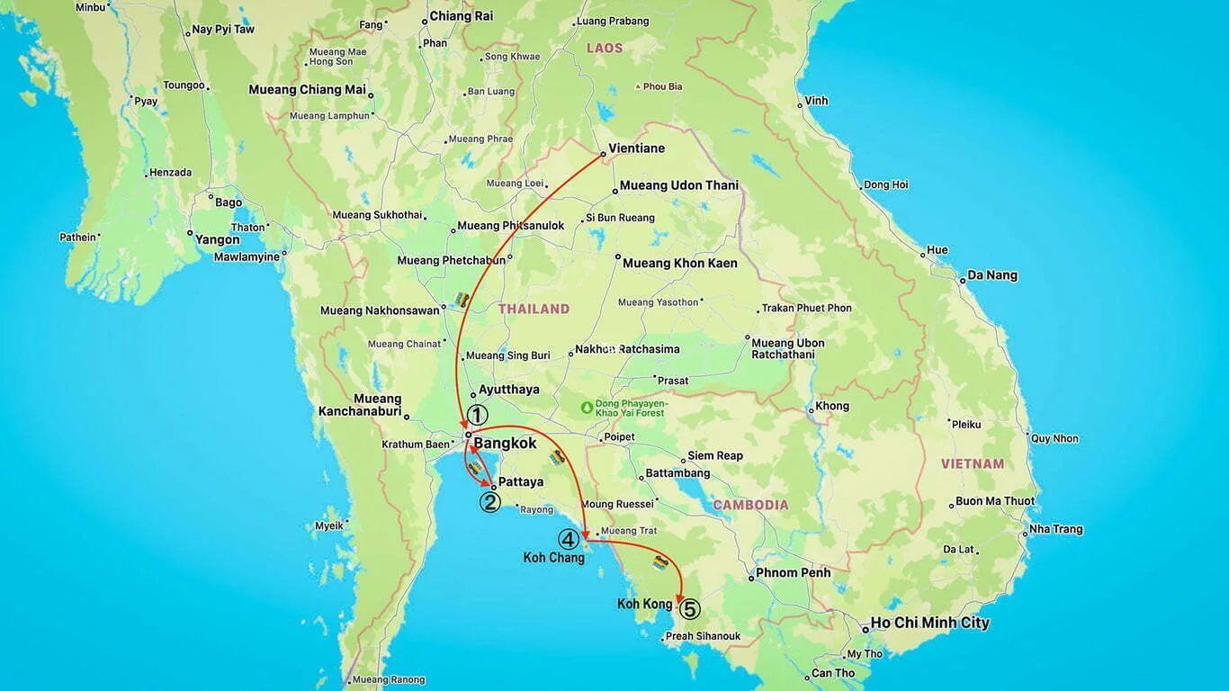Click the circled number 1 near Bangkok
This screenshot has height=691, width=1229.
point(477,415)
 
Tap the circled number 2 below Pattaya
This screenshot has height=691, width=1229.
point(489,502)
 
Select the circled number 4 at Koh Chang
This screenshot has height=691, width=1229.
point(569,539)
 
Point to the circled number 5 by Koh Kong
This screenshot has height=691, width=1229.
point(689,609)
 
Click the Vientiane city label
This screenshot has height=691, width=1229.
point(636,148)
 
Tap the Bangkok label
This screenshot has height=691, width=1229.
point(505,444)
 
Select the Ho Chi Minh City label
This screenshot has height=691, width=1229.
point(930,623)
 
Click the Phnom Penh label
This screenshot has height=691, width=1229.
point(794,572)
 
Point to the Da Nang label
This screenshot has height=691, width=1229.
point(992,275)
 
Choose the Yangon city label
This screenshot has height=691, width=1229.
point(218,239)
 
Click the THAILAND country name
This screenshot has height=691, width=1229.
point(534,309)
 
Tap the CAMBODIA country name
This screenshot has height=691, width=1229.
point(750,505)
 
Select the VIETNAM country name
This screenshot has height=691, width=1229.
point(973,464)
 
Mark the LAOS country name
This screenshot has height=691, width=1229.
point(604,48)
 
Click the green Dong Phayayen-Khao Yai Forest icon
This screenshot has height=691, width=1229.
point(588,407)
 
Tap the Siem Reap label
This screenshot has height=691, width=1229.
point(715,456)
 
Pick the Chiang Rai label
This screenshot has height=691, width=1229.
point(461,16)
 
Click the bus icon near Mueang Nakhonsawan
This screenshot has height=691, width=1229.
point(462,300)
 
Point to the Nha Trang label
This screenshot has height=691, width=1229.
point(1055,529)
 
